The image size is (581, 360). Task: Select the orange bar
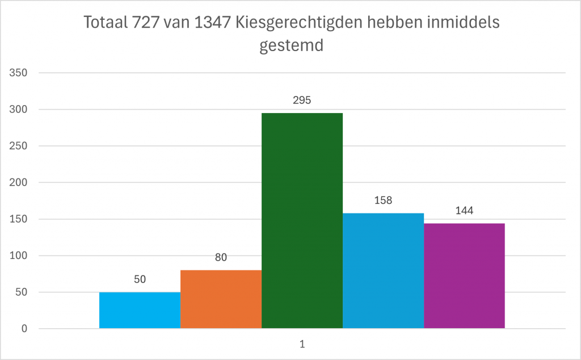click(221, 299)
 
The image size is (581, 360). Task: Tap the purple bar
click(464, 276)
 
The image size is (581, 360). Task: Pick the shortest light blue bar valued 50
click(140, 310)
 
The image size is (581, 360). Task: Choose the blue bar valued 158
click(383, 271)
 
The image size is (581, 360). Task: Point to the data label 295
click(302, 100)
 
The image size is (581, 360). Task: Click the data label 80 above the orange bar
click(221, 257)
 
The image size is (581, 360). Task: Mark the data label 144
click(464, 211)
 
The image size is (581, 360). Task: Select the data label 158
click(383, 200)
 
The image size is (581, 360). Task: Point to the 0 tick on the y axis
click(24, 329)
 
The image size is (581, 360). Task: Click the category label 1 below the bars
click(302, 344)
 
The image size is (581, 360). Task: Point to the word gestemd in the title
click(291, 45)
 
